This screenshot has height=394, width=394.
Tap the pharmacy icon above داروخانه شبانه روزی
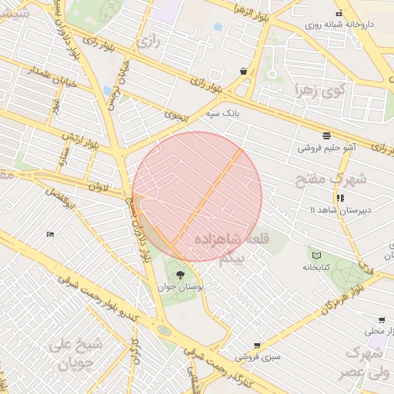[x=339, y=13]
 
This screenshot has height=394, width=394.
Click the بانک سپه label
[x=222, y=114]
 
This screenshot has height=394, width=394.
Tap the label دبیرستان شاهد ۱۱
[x=336, y=209]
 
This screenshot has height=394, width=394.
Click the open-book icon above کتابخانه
[x=316, y=255]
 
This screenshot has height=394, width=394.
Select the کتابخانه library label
[x=316, y=267]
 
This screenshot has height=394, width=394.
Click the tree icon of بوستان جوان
[x=182, y=274]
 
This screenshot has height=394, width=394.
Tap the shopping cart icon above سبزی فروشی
[x=257, y=346]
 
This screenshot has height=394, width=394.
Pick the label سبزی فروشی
[x=257, y=357]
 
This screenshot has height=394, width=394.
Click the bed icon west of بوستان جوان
[x=50, y=234]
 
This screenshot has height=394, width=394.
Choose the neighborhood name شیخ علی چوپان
[x=73, y=353]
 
